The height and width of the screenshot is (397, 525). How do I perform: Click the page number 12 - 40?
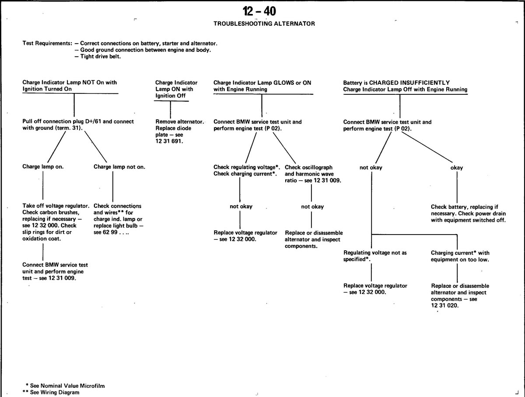coord(259,11)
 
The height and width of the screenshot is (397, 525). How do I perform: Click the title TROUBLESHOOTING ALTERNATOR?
coord(264,24)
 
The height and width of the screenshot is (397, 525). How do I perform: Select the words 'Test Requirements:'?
coord(47,43)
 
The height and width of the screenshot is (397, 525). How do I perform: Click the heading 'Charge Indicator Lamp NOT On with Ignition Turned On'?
coord(70,86)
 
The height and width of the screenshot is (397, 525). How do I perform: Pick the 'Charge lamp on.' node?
coord(43,167)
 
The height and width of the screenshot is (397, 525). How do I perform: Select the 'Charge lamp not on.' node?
coord(119,167)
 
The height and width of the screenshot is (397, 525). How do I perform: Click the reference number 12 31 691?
coord(169,141)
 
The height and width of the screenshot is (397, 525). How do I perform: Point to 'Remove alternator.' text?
coord(180,121)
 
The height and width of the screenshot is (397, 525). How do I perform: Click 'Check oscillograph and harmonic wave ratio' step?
coord(313,174)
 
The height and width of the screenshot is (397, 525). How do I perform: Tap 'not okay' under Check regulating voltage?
coord(241,206)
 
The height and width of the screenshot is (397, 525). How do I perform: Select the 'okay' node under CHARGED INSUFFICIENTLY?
coord(457,168)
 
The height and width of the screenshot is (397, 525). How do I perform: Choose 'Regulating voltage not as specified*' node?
coord(375,255)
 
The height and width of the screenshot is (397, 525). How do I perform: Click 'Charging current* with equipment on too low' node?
coord(460,256)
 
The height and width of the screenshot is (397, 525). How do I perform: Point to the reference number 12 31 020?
coord(445,305)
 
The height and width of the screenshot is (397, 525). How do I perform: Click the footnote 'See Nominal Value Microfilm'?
coord(67,386)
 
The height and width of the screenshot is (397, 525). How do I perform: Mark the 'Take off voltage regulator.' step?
coord(56,206)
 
